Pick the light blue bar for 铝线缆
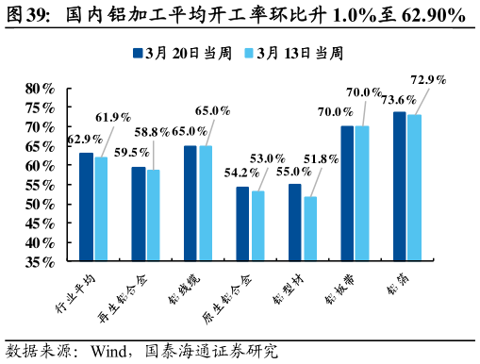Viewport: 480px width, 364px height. click(206, 202)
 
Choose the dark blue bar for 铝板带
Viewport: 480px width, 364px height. click(347, 192)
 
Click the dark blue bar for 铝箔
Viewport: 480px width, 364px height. click(400, 186)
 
